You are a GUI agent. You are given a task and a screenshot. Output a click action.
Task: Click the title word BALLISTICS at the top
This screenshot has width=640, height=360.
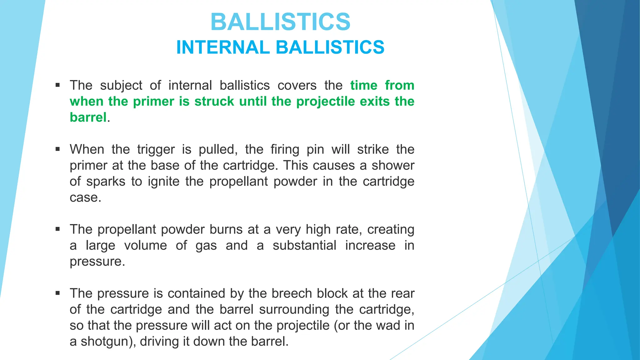(x=280, y=22)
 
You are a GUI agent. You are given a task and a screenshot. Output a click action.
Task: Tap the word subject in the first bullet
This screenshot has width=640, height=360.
(x=121, y=86)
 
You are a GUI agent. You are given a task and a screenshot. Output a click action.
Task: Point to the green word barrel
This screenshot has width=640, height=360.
(x=88, y=117)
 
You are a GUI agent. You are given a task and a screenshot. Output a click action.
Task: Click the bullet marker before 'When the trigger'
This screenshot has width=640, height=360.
(x=57, y=149)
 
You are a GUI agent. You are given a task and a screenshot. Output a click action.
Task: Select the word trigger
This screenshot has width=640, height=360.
(x=156, y=150)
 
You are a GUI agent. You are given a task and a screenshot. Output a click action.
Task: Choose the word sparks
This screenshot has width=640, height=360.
(x=106, y=182)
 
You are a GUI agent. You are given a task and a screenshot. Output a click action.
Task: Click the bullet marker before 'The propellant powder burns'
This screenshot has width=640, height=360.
(x=57, y=229)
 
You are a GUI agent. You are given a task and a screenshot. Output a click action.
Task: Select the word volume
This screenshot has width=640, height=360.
(x=146, y=246)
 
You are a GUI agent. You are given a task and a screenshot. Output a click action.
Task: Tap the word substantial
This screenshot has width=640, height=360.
(x=304, y=246)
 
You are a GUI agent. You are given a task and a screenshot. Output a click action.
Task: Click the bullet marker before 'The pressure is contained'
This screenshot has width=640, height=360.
(x=57, y=293)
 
